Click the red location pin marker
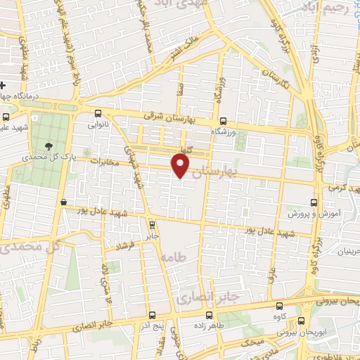[x=181, y=165]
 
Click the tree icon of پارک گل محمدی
[x=49, y=146]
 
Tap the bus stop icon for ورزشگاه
[x=224, y=120]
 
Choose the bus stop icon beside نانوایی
[x=98, y=112]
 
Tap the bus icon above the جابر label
[x=153, y=225]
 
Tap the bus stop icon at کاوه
[x=280, y=307]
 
